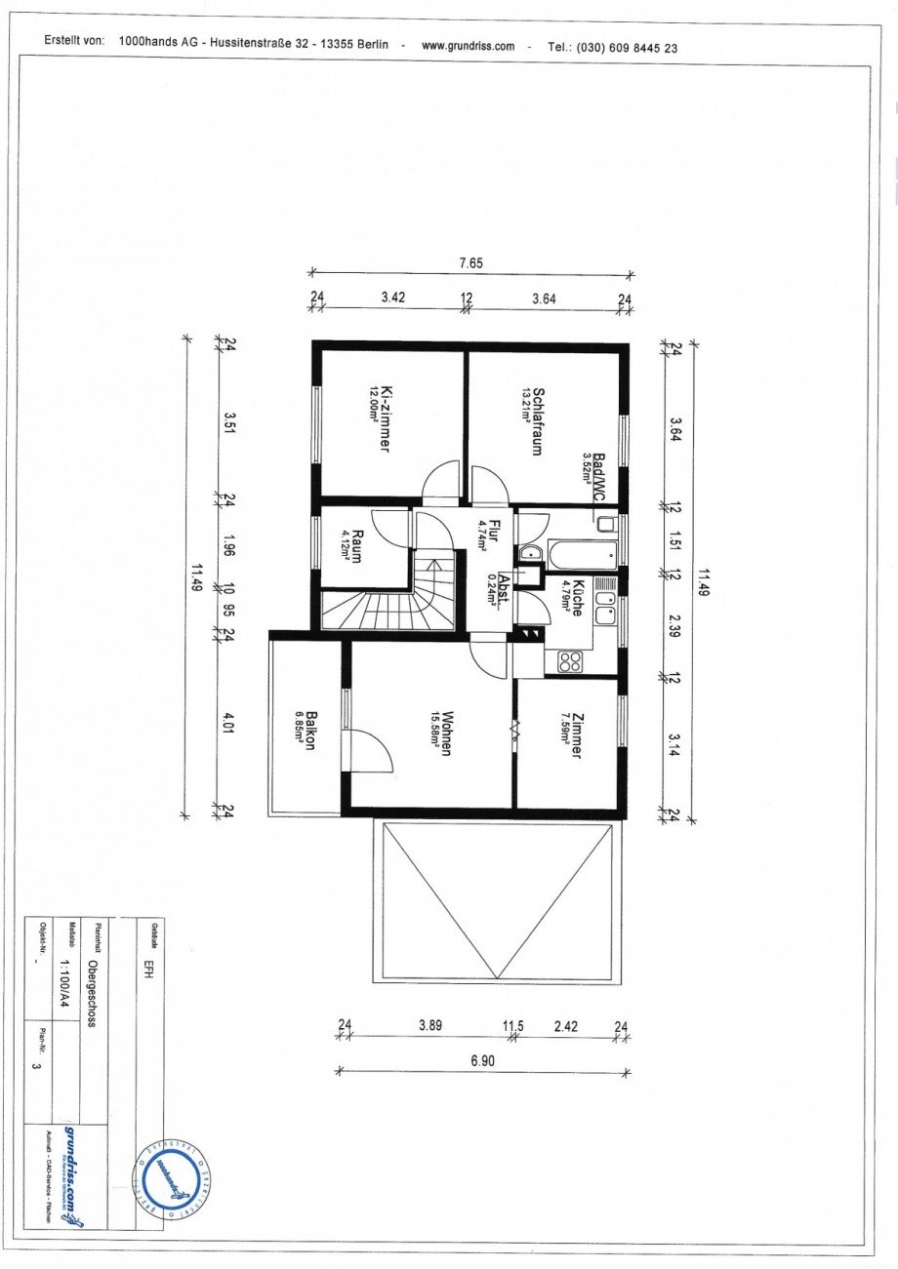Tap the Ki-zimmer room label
[386, 416]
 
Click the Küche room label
[577, 598]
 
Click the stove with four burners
[569, 662]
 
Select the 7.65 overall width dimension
[471, 263]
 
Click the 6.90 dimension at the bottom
[484, 1061]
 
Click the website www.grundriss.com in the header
[468, 46]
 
